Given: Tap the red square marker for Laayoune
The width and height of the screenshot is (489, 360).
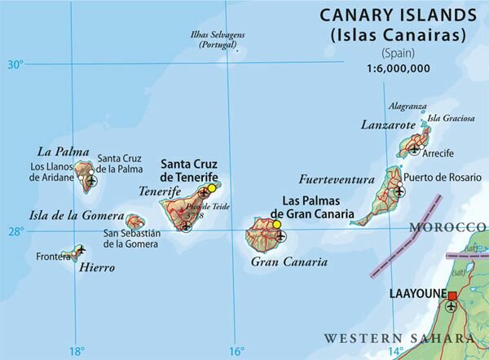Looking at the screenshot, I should tap(452, 296).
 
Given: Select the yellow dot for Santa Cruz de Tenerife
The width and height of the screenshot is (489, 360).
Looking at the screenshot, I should tap(211, 188).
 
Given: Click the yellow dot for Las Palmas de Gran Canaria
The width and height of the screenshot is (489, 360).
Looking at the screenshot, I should tap(276, 224).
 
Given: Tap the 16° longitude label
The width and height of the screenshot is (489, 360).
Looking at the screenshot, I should tap(235, 351).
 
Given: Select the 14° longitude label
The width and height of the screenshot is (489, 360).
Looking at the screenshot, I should tap(394, 351).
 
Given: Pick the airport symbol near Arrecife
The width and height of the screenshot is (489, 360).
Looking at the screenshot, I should tap(416, 149).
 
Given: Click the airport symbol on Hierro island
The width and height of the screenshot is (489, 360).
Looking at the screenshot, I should tap(80, 249).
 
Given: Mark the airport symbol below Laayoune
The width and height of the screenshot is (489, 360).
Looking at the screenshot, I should tap(452, 308).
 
